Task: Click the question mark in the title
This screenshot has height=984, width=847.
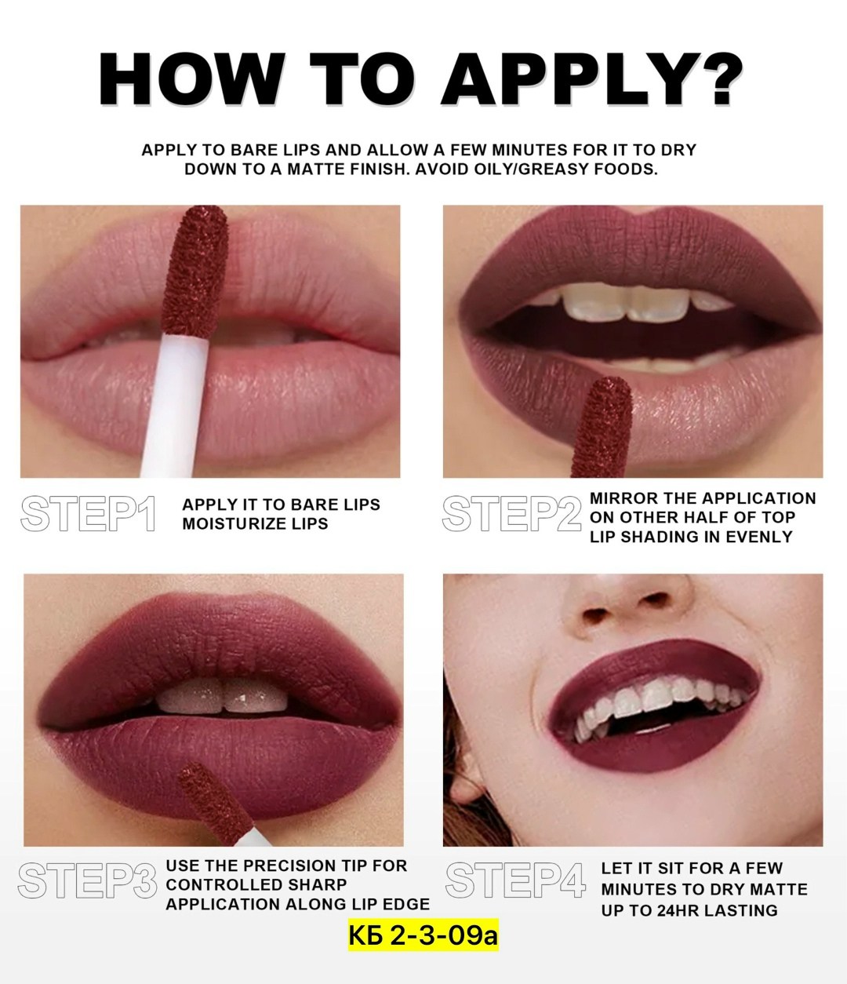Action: [713, 79]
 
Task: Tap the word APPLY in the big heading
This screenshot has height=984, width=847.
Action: [561, 79]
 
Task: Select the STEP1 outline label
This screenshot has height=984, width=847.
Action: [88, 513]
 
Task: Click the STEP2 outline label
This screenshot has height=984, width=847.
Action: [511, 513]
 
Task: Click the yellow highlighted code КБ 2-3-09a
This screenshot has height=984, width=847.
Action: [423, 935]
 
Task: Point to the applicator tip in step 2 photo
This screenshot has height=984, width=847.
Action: [603, 427]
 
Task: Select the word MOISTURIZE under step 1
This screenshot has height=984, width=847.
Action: [231, 524]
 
